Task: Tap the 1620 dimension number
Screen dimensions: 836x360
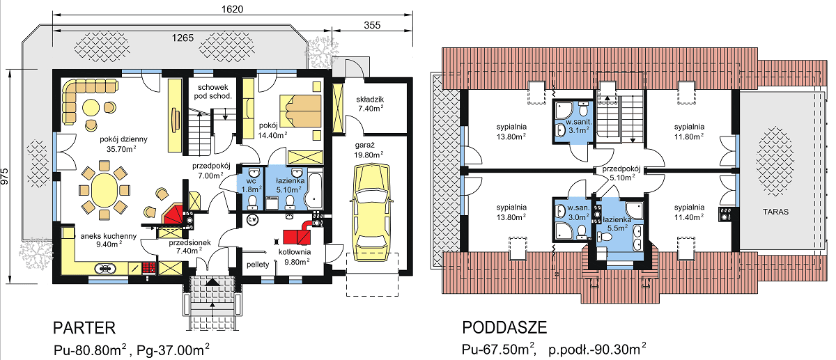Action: click(x=232, y=9)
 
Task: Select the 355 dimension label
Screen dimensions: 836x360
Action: click(x=372, y=25)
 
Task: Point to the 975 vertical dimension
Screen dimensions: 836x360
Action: click(x=4, y=176)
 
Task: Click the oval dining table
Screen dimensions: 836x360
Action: click(x=104, y=190)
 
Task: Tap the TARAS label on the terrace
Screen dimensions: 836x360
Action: click(x=775, y=212)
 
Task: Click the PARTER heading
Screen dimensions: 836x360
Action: click(x=84, y=327)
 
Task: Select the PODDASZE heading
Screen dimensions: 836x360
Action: click(x=504, y=327)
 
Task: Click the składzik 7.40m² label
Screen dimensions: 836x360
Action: click(x=370, y=104)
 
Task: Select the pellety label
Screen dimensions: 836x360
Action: click(x=258, y=265)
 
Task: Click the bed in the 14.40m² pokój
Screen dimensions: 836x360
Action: click(x=300, y=111)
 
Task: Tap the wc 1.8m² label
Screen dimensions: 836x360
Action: click(x=251, y=185)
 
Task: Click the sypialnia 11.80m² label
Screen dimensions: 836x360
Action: click(x=689, y=132)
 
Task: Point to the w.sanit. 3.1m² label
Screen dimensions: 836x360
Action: click(x=578, y=126)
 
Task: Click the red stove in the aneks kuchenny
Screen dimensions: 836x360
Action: click(x=149, y=268)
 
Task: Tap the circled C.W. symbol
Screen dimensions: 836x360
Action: click(x=253, y=220)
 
